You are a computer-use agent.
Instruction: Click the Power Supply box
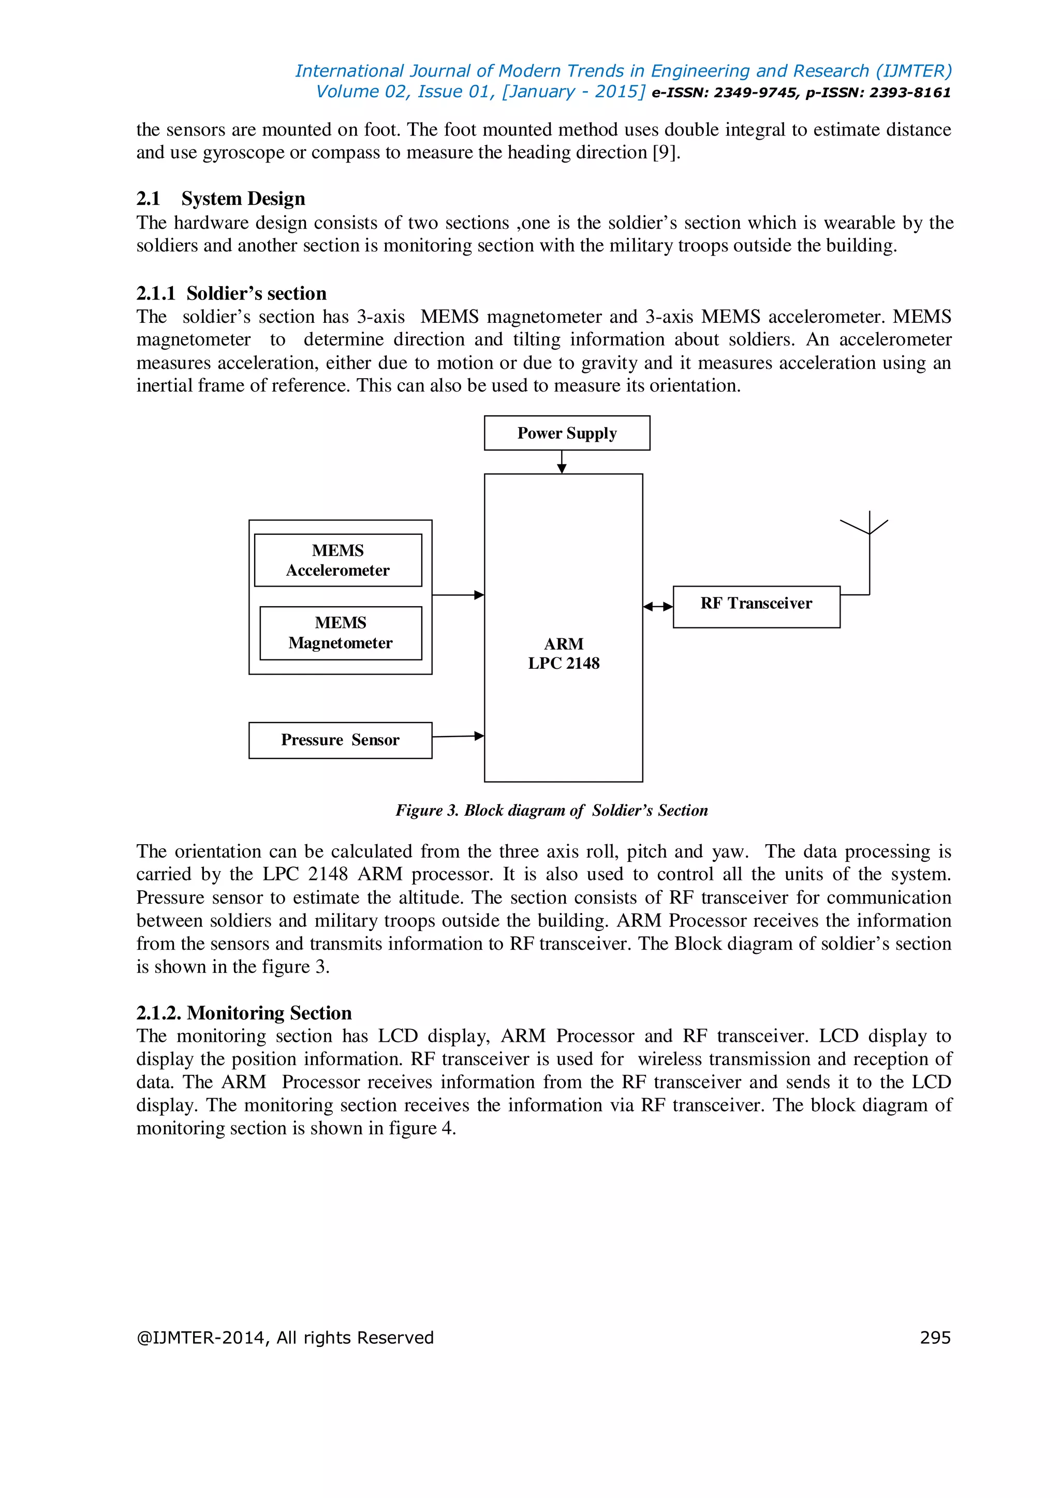(x=567, y=433)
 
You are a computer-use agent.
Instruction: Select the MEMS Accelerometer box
(x=337, y=560)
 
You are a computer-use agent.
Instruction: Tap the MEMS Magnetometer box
(x=340, y=633)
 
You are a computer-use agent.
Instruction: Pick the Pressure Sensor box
(x=340, y=740)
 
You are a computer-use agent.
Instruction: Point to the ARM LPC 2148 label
(x=563, y=654)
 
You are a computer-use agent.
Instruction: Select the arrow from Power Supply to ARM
(x=562, y=462)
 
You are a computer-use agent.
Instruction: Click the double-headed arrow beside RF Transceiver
(x=657, y=607)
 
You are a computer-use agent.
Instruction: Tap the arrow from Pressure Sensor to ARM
(x=458, y=737)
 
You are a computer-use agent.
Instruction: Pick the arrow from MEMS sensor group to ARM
(x=458, y=595)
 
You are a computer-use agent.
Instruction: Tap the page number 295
(x=935, y=1338)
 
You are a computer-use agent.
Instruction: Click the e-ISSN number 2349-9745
(x=755, y=93)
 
